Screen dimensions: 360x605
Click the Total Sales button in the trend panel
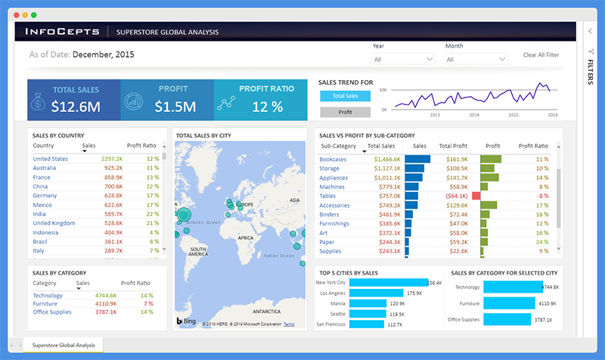coord(346,96)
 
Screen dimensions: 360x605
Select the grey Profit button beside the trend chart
coord(346,112)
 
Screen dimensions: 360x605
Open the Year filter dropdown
coord(402,58)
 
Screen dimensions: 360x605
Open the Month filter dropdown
coord(475,58)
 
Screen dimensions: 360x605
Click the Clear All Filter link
coord(541,55)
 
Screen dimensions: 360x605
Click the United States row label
coord(50,159)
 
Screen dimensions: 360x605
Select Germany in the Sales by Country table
coord(45,195)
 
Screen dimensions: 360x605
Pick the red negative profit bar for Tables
coord(476,195)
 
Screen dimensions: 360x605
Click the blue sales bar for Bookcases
coord(417,159)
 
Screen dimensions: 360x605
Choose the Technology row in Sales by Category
coord(48,296)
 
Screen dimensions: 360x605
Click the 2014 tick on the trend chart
coord(474,115)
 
